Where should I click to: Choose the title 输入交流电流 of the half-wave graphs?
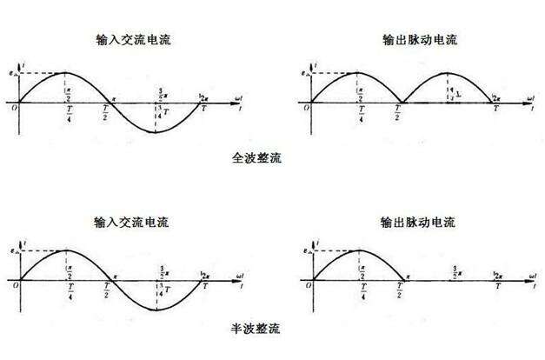132,222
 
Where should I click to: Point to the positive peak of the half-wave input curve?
68,252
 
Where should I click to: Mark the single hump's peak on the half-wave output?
359,252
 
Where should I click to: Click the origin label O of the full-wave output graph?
303,109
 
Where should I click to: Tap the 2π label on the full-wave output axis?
495,95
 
